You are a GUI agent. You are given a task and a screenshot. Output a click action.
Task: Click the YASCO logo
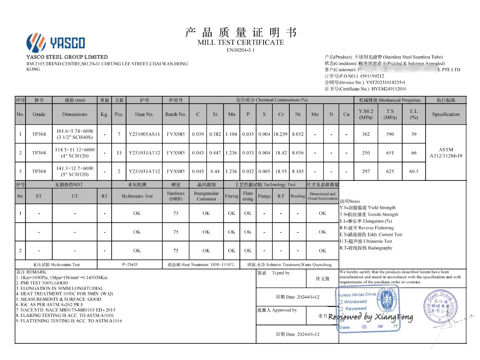click(x=55, y=43)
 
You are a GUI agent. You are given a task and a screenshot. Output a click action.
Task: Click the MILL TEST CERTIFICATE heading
click(x=240, y=43)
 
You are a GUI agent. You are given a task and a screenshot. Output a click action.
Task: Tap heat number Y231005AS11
click(x=144, y=134)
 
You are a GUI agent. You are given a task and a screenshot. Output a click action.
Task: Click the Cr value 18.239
click(x=281, y=134)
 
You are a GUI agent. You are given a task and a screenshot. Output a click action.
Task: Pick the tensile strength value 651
click(x=390, y=153)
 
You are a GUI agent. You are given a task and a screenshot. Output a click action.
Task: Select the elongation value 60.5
click(x=414, y=171)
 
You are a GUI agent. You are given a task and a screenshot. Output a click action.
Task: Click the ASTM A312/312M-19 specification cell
click(x=446, y=153)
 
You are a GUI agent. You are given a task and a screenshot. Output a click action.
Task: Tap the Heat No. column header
click(x=144, y=114)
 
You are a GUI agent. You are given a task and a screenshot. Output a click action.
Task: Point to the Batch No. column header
click(x=176, y=114)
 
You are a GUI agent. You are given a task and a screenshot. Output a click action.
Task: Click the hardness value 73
click(x=176, y=213)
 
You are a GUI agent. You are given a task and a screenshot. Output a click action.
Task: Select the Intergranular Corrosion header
click(x=206, y=196)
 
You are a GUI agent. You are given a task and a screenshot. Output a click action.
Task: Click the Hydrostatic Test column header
click(x=137, y=196)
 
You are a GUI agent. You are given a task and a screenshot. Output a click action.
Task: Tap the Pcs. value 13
click(x=119, y=153)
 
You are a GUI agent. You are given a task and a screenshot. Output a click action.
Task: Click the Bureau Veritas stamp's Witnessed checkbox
click(x=341, y=302)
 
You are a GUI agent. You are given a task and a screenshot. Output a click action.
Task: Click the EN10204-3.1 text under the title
click(x=240, y=50)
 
